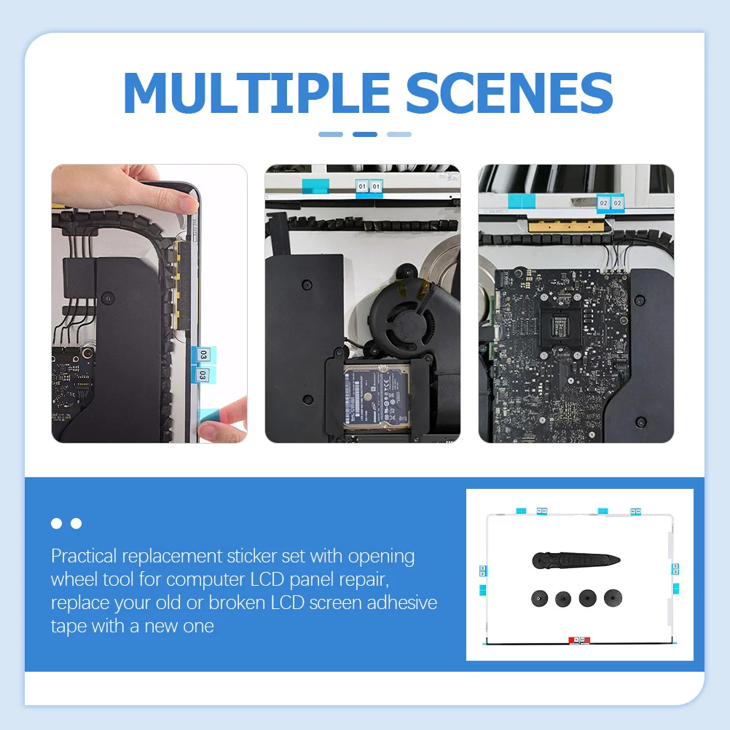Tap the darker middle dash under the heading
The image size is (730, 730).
point(364,134)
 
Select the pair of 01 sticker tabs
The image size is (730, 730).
point(369,187)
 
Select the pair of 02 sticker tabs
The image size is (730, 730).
point(610,203)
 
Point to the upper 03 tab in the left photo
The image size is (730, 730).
point(203,355)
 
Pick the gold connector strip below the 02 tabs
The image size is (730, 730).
point(568,221)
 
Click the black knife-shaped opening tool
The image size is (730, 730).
point(575,560)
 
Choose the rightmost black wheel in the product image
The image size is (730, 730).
point(613,598)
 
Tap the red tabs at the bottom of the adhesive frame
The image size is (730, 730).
point(578,640)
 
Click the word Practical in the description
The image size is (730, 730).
point(84,557)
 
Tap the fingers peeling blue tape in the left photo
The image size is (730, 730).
point(222,423)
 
